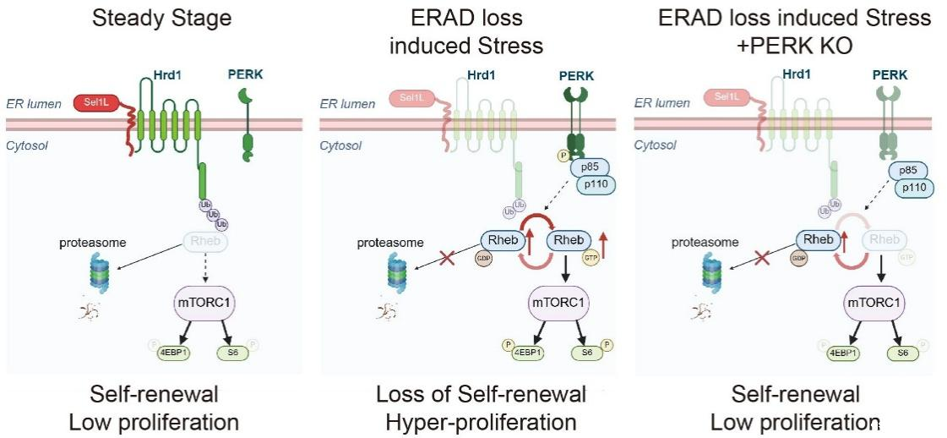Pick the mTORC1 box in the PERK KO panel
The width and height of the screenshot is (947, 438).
874,302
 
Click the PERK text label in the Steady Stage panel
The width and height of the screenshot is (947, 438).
245,74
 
